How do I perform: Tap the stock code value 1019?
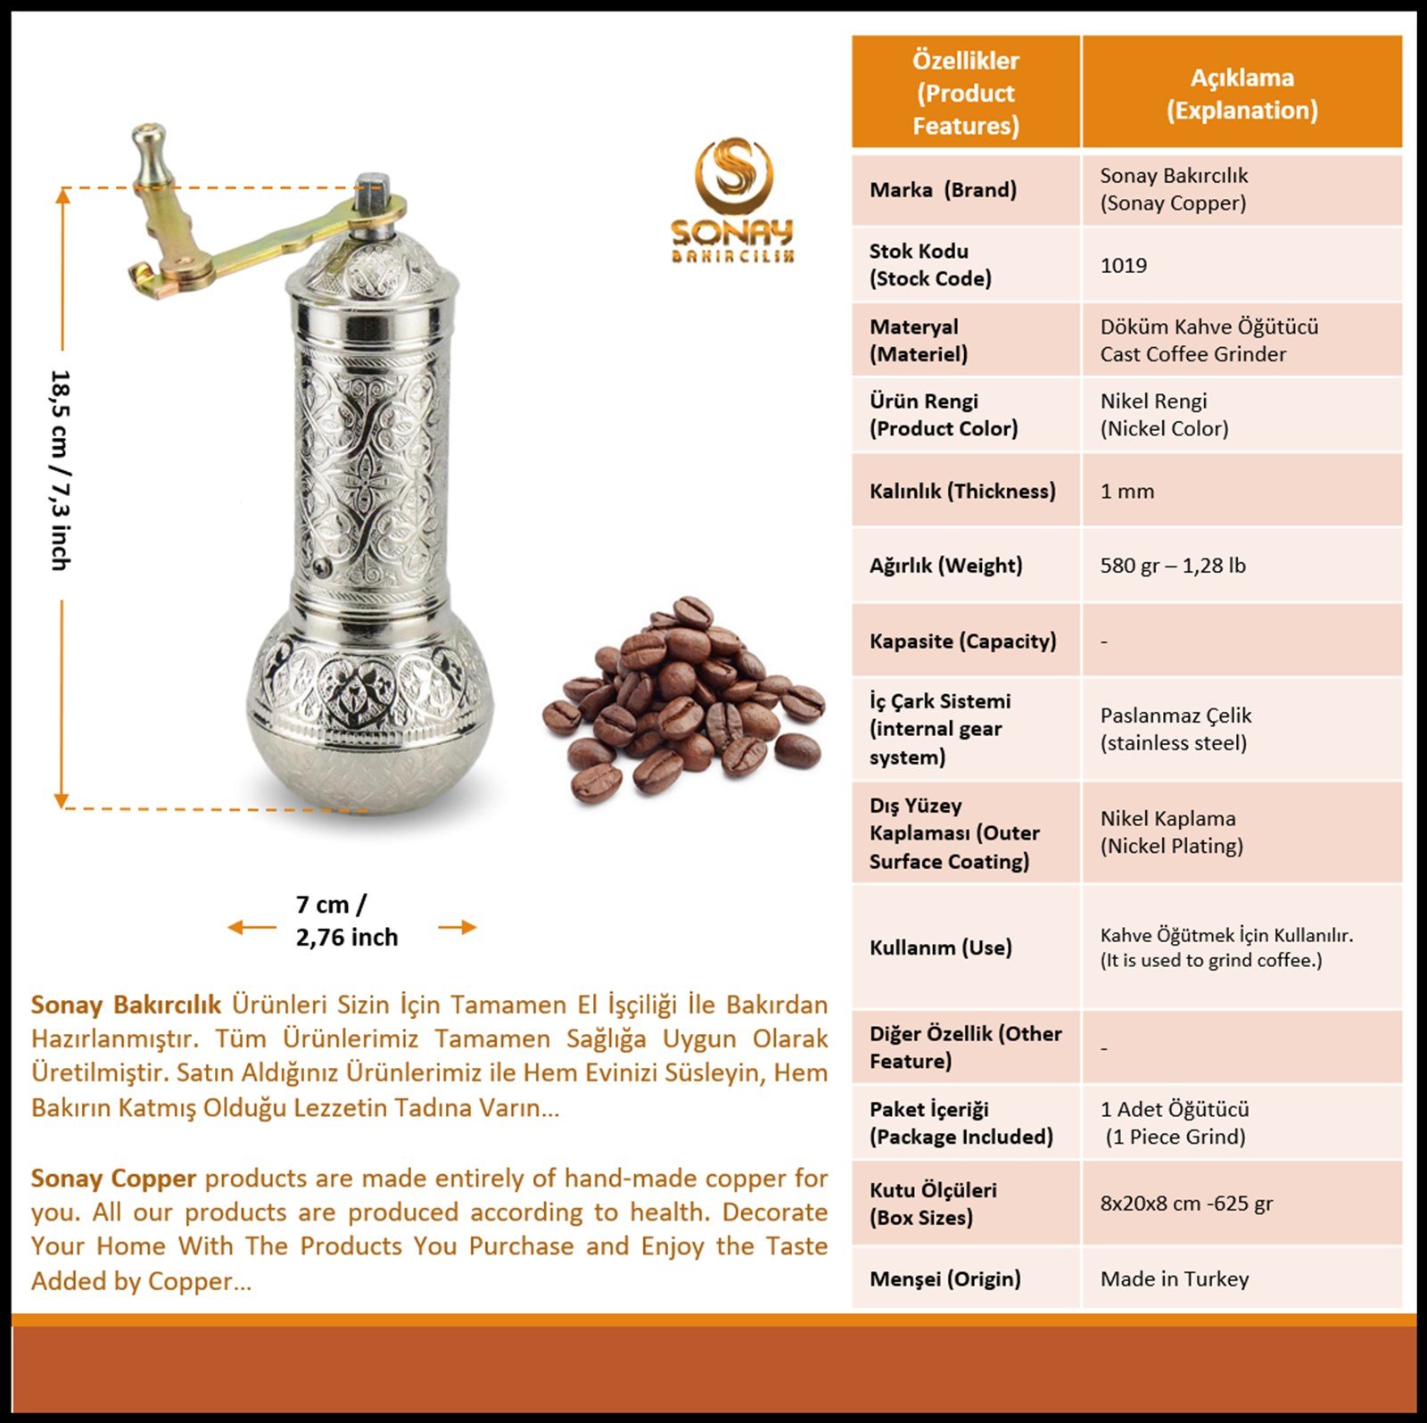[1123, 265]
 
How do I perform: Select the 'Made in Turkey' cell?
[1174, 1278]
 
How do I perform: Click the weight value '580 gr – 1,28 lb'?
[1172, 565]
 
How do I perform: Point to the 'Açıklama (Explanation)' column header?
[1241, 93]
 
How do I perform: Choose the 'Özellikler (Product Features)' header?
[965, 93]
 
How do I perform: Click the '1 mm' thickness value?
[1126, 491]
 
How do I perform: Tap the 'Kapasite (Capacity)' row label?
[962, 641]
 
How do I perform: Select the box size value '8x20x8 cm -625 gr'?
[1186, 1203]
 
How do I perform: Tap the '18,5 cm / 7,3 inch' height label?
[61, 470]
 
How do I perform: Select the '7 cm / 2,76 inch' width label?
[346, 921]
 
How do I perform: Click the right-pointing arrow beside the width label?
[458, 928]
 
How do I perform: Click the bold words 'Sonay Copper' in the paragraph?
[113, 1178]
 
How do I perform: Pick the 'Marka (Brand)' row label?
[943, 189]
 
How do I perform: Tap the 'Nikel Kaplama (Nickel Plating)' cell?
[1171, 831]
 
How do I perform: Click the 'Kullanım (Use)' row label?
[940, 947]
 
